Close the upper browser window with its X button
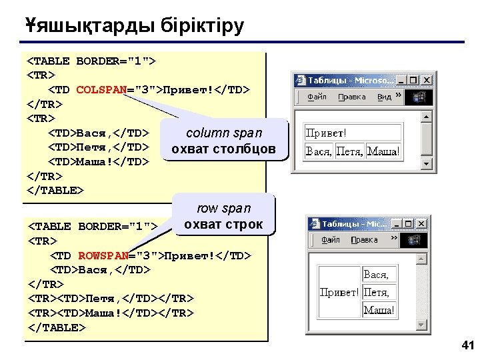[427, 80]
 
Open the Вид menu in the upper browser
[385, 97]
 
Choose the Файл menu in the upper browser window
[317, 97]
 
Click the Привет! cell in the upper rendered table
[353, 132]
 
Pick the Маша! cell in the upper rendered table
[385, 151]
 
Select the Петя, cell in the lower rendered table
[377, 292]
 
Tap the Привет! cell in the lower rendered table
[339, 292]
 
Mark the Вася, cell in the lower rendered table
[377, 274]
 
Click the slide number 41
[467, 345]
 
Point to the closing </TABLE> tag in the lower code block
[57, 328]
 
